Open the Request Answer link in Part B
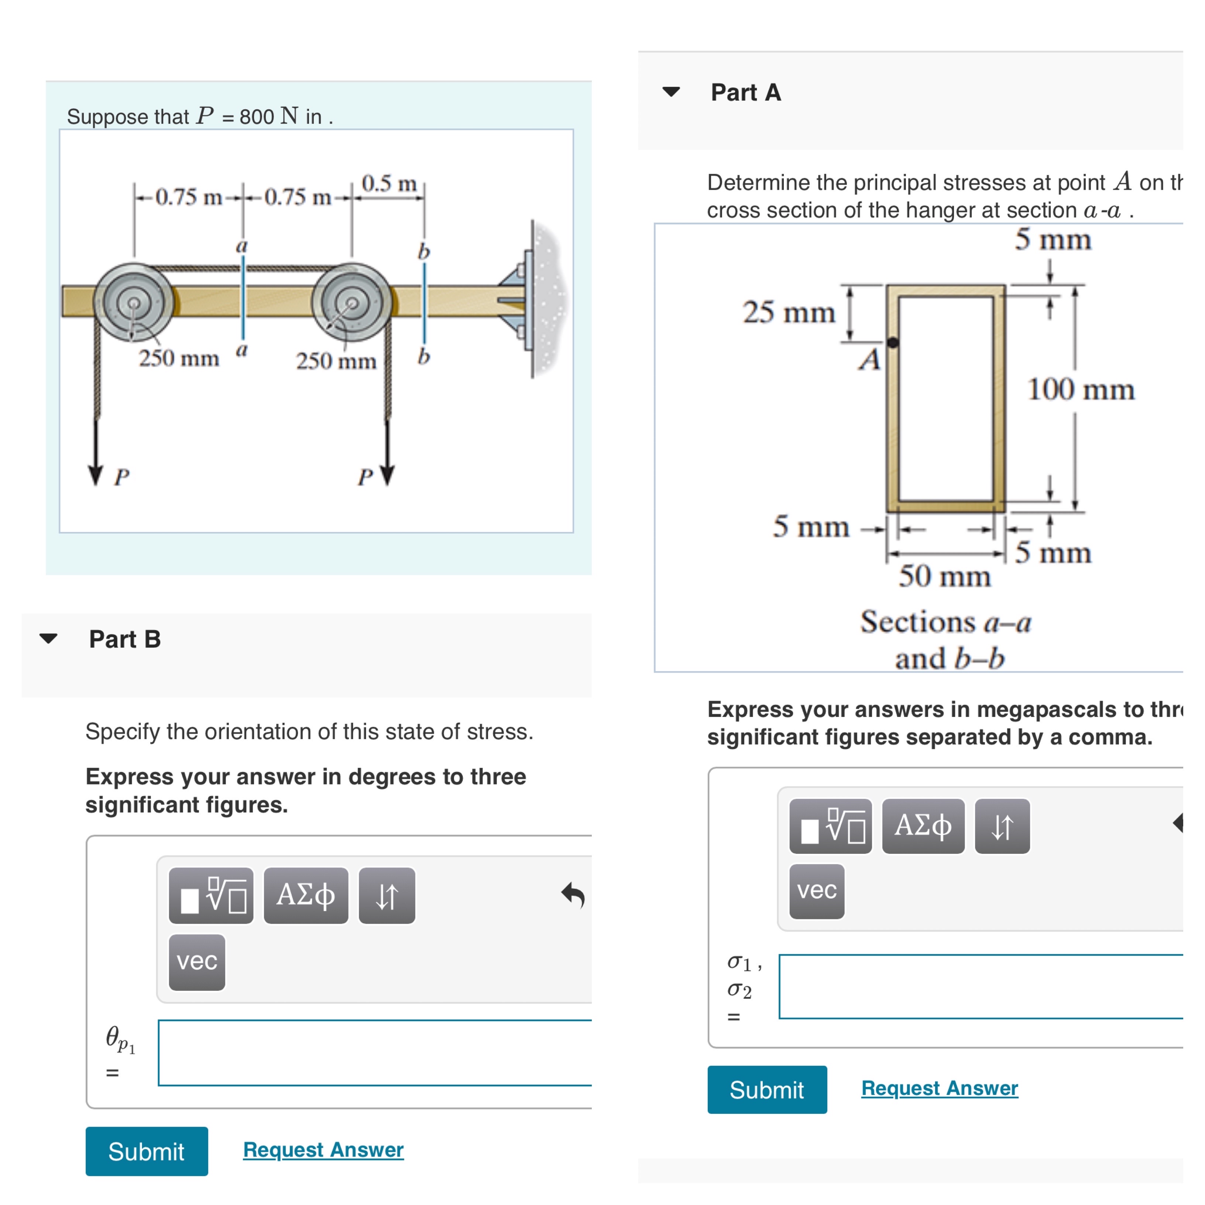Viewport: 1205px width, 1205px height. click(323, 1150)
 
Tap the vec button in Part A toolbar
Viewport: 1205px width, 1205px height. click(816, 891)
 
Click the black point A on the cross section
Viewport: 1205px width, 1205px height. click(893, 343)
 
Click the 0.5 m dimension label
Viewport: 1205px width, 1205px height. click(389, 183)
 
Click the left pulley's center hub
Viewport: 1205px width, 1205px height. click(134, 303)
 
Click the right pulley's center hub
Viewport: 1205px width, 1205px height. click(353, 303)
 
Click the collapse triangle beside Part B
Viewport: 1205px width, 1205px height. click(49, 638)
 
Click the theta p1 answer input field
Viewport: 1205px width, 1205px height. click(374, 1053)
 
